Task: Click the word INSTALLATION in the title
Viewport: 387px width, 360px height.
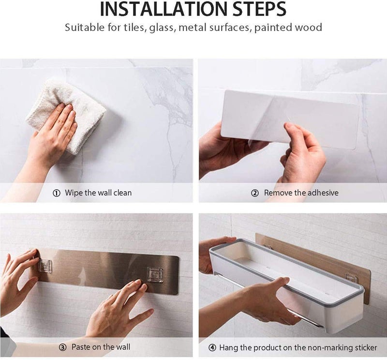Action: point(163,9)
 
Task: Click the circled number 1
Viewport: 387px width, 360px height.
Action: point(57,193)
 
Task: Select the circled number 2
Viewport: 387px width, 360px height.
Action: point(255,193)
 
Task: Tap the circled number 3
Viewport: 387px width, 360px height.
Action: point(63,347)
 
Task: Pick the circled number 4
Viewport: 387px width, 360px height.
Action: point(212,348)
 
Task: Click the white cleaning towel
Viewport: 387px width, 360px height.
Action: point(67,116)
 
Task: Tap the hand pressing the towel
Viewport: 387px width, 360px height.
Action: point(52,134)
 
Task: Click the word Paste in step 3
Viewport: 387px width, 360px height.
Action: point(80,347)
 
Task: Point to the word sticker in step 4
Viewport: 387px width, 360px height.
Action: point(366,347)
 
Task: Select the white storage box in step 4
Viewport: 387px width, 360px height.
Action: point(286,282)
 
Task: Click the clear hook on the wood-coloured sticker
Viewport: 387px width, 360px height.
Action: point(351,277)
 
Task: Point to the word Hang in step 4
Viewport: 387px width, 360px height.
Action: point(228,348)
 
